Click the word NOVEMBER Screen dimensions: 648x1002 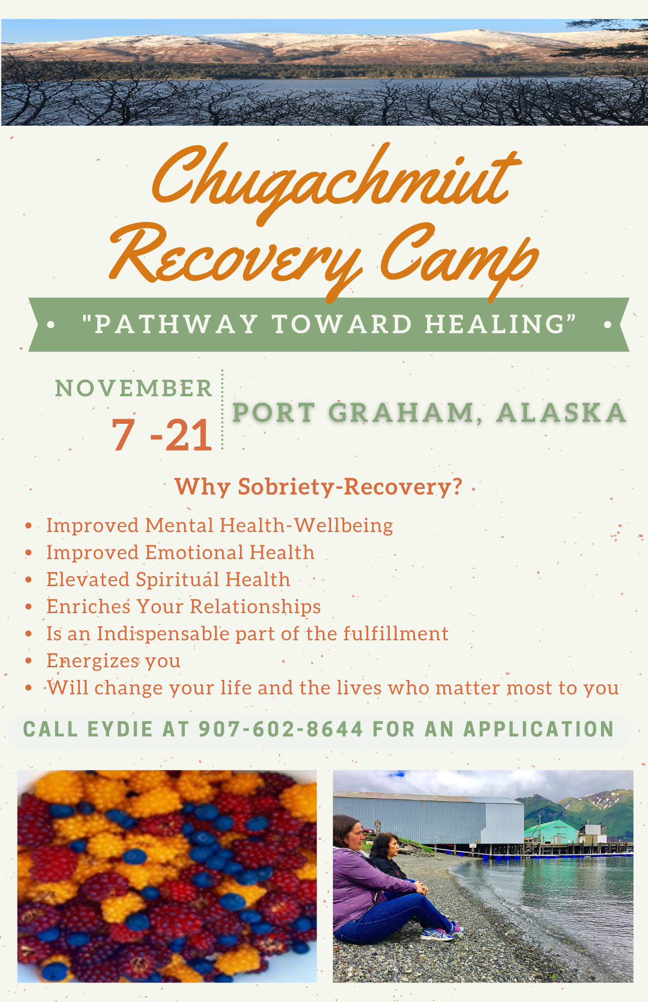click(134, 388)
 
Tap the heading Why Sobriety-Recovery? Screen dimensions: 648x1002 click(318, 487)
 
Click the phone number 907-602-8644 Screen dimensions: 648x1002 click(281, 729)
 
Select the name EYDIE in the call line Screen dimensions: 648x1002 click(120, 729)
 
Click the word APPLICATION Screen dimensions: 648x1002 click(539, 729)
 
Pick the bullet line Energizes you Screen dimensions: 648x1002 click(114, 661)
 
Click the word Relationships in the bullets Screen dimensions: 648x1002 click(255, 607)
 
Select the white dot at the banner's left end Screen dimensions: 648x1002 click(51, 325)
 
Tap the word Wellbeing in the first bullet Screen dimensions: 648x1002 click(344, 525)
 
